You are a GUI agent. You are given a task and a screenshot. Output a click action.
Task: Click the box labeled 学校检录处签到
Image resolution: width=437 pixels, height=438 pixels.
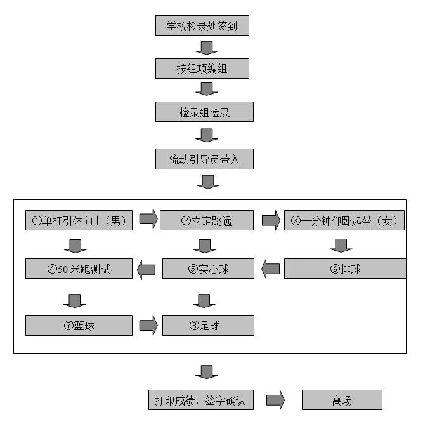(x=202, y=26)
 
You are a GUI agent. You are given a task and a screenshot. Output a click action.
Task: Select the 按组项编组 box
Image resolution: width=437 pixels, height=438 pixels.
(x=202, y=69)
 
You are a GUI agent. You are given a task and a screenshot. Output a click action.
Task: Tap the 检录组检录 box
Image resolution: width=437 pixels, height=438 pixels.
(x=204, y=112)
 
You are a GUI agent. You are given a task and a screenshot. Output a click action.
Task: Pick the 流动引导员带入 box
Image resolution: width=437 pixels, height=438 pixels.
(x=204, y=159)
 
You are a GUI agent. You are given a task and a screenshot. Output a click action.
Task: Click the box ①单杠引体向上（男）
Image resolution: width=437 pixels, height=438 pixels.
(x=79, y=220)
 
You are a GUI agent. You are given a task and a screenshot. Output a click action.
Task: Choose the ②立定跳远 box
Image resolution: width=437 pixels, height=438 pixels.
(x=207, y=220)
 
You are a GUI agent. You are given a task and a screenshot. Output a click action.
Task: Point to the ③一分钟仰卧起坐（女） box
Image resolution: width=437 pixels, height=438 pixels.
(x=344, y=220)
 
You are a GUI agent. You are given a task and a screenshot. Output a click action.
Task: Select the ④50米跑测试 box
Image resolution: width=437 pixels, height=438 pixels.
(x=79, y=269)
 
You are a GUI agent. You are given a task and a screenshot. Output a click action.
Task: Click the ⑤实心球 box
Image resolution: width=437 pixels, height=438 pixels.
(x=208, y=269)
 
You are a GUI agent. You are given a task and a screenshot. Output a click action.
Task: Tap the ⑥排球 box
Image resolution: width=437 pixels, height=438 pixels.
(x=345, y=269)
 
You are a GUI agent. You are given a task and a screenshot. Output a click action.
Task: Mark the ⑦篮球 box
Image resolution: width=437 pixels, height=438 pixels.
(x=79, y=326)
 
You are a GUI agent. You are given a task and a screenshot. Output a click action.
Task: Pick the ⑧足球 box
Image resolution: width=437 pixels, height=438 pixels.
(x=208, y=326)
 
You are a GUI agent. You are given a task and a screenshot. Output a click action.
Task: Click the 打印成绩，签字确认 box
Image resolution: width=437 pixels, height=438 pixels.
(x=200, y=401)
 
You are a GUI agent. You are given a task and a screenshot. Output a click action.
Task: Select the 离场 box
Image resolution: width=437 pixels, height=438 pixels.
(x=342, y=401)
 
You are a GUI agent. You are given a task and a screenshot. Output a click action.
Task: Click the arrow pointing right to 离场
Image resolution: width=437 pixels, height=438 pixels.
(x=275, y=401)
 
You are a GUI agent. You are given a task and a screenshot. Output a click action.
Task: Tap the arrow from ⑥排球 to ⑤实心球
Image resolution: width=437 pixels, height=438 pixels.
(x=271, y=269)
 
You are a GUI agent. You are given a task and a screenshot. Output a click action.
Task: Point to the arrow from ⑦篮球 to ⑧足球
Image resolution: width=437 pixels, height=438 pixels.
(x=148, y=326)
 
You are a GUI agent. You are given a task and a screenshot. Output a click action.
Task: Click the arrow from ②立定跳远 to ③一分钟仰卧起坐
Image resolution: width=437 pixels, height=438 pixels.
(x=271, y=220)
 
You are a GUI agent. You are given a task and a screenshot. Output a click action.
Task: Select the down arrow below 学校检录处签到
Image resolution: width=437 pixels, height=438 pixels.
(x=207, y=48)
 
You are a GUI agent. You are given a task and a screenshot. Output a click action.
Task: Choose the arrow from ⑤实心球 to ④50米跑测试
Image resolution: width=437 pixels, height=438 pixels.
(x=147, y=269)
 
